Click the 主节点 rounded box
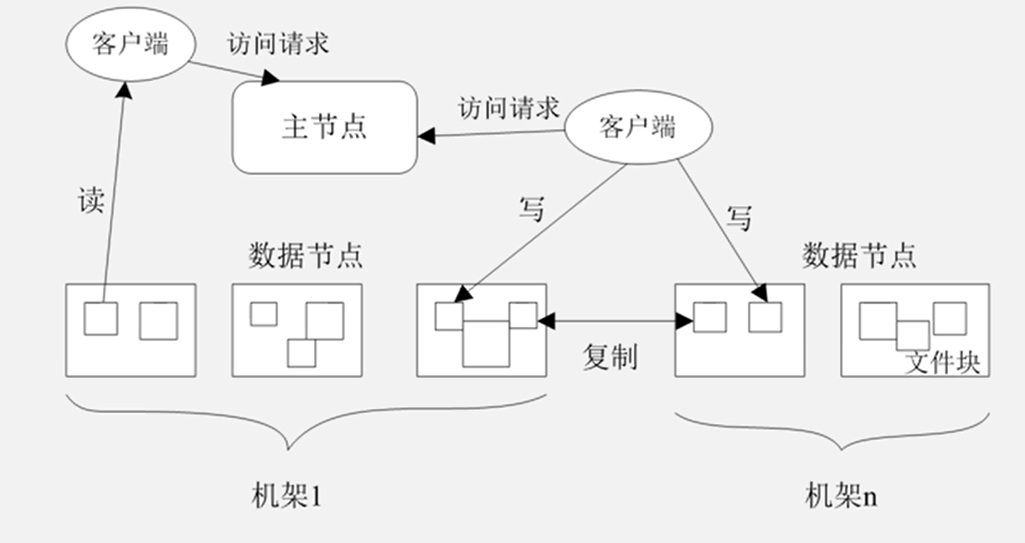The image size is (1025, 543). tap(324, 127)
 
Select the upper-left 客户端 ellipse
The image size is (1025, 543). tap(131, 43)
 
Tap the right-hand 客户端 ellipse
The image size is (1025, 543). tap(638, 127)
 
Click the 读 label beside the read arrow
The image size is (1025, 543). tap(90, 201)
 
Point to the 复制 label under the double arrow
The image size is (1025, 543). tap(610, 356)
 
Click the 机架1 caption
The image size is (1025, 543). tap(286, 496)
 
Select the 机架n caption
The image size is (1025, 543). tap(841, 496)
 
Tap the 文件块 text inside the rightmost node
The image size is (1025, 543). tap(943, 364)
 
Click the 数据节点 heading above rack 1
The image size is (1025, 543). tap(306, 255)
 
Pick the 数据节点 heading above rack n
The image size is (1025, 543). tap(859, 255)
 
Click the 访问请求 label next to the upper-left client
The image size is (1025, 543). tap(278, 44)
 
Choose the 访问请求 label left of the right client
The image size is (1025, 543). tap(508, 108)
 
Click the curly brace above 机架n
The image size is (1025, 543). tap(832, 430)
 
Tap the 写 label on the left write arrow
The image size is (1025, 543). tap(532, 209)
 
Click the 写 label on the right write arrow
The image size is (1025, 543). tap(738, 219)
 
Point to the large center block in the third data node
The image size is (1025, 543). tap(486, 343)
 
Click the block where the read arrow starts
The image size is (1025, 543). tap(100, 318)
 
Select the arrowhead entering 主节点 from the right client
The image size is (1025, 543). tap(425, 136)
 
